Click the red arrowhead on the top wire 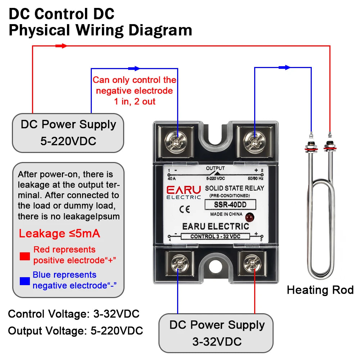point(62,46)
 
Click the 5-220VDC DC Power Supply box point(68,132)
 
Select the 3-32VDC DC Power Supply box point(216,333)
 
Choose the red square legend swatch point(25,256)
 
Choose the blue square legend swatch point(25,281)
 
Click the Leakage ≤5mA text point(59,234)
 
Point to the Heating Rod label point(320,290)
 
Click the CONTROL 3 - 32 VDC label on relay point(215,237)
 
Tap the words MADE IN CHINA point(226,214)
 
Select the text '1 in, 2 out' point(135,102)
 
